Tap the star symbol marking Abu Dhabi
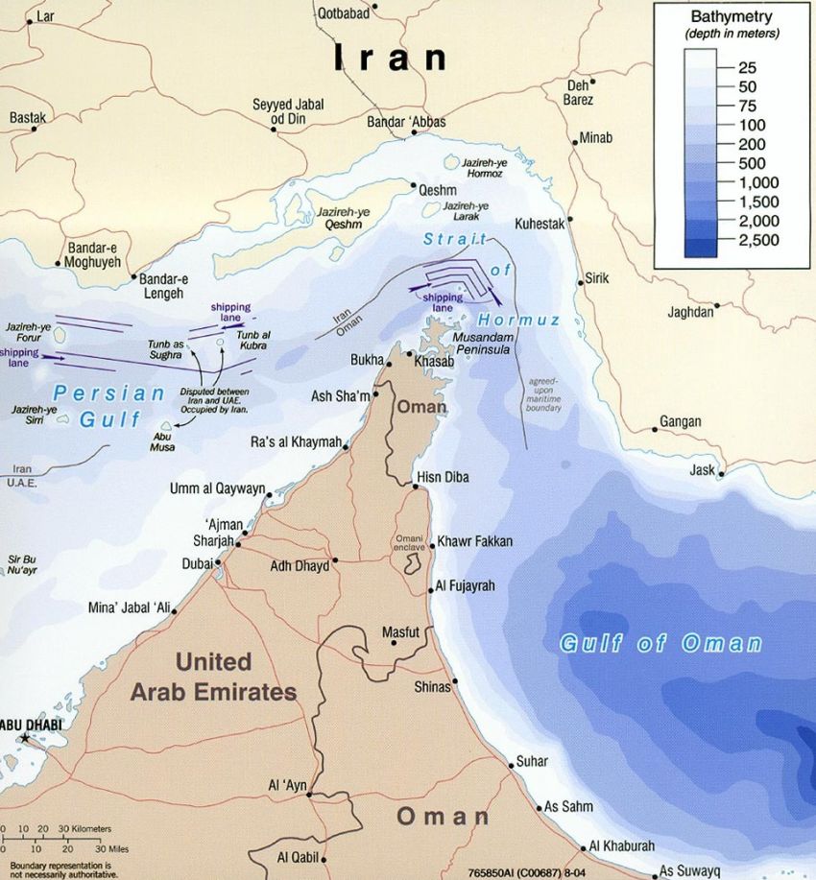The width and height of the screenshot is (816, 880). (24, 737)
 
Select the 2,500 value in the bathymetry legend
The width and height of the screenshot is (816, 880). (758, 240)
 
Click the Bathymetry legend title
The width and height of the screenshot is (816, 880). (732, 17)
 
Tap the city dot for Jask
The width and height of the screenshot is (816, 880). (720, 472)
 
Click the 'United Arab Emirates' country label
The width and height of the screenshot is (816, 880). (212, 676)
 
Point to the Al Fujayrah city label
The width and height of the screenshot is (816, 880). (466, 585)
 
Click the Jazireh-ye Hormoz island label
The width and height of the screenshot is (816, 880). (469, 169)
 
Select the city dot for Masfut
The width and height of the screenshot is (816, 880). (395, 644)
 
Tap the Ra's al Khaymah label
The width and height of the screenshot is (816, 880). (297, 442)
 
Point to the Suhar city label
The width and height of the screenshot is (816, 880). (532, 761)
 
